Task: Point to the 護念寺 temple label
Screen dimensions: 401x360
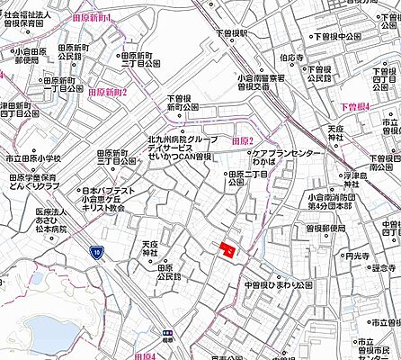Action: pyautogui.click(x=384, y=267)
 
